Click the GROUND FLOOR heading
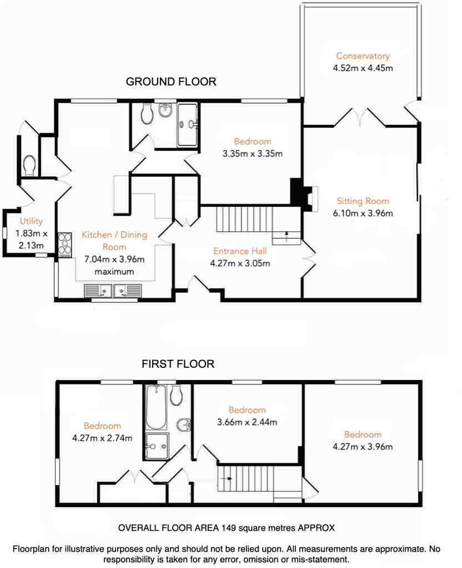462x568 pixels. click(171, 82)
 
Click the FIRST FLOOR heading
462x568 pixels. click(178, 364)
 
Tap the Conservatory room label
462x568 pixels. click(363, 56)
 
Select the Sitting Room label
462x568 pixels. click(363, 201)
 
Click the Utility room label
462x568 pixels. click(31, 221)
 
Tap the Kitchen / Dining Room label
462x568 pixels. click(114, 240)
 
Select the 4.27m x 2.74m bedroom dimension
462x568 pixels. click(102, 438)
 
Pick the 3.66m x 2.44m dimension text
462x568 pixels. click(247, 422)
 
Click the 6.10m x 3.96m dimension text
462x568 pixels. click(363, 214)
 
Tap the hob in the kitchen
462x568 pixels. click(64, 244)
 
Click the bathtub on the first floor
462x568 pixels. click(155, 409)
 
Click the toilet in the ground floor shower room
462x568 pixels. click(148, 114)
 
